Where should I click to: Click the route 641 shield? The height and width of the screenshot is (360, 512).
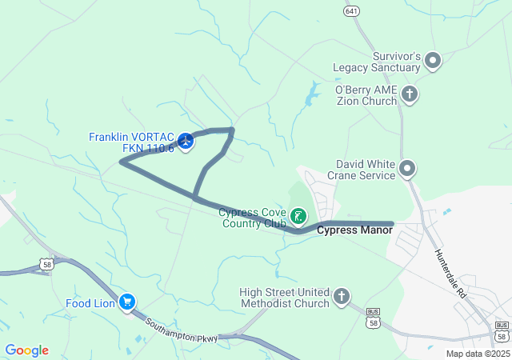[351, 10]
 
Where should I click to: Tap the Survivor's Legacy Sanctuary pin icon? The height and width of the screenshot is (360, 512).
[433, 60]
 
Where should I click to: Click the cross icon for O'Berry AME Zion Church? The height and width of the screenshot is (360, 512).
[409, 95]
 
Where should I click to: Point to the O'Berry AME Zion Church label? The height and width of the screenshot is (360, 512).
[366, 95]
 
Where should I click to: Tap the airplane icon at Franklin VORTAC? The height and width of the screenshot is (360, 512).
[186, 142]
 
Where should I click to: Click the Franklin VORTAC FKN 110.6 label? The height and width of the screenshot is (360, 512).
[131, 142]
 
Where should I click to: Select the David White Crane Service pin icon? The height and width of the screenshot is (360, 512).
[407, 168]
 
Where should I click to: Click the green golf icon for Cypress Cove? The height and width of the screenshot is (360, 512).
[298, 215]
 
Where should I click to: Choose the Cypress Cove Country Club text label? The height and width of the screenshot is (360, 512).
[253, 218]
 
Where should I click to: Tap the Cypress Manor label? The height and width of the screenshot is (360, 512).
[354, 230]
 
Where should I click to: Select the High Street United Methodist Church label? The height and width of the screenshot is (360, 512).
[284, 298]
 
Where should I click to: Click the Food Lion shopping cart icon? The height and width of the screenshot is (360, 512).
[126, 302]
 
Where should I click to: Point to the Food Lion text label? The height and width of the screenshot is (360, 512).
[89, 303]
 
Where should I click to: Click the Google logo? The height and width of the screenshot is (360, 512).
[26, 350]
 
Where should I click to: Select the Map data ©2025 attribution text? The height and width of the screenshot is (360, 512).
[477, 354]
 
